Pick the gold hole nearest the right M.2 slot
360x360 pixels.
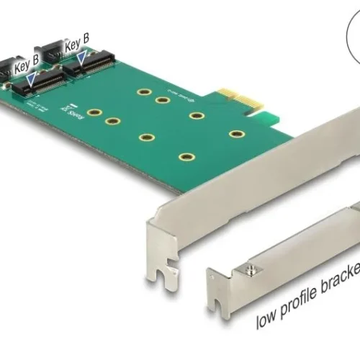[143, 92]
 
